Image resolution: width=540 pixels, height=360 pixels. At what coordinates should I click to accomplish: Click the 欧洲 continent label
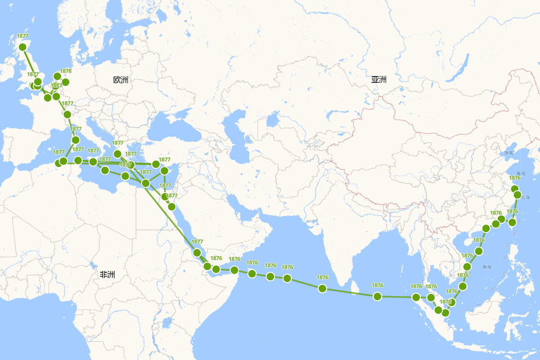click(x=121, y=80)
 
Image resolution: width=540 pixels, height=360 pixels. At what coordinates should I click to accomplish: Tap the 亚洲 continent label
click(x=379, y=80)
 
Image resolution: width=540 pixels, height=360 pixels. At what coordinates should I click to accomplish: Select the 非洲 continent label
click(x=107, y=274)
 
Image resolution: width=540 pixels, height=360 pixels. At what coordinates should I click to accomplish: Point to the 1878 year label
click(x=66, y=71)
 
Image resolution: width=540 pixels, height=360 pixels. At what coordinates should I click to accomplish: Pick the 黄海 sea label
click(x=521, y=173)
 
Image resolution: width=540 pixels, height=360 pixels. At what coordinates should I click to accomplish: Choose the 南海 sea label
click(x=486, y=267)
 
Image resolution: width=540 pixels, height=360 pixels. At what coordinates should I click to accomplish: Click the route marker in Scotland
click(x=22, y=47)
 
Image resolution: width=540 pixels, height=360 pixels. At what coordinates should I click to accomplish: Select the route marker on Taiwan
click(x=512, y=222)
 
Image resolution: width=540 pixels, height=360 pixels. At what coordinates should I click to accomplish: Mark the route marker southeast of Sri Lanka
click(x=378, y=296)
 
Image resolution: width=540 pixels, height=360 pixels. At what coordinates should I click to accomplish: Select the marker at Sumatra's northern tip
click(x=416, y=297)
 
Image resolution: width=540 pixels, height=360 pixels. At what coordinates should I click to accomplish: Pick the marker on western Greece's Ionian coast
click(x=117, y=154)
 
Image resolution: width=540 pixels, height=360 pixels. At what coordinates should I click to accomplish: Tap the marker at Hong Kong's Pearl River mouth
click(x=486, y=229)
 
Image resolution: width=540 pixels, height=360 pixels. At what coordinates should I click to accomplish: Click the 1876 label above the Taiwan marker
click(x=512, y=211)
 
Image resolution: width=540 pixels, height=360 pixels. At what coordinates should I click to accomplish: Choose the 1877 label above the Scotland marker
click(x=22, y=36)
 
